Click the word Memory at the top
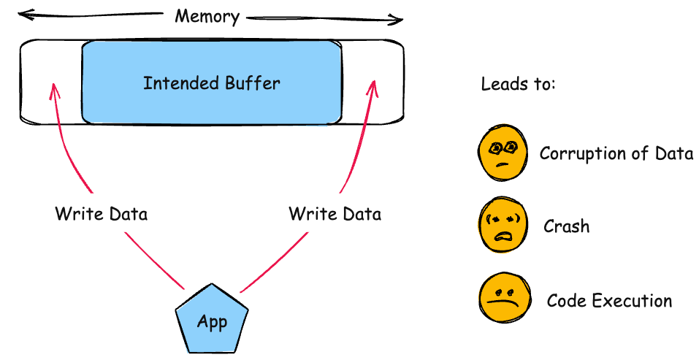pos(207,16)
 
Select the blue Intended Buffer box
pos(211,82)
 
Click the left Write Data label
pos(101,214)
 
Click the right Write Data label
pos(335,214)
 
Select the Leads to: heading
pos(518,84)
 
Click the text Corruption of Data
pos(616,153)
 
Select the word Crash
pos(566,226)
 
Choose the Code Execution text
pos(609,300)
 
